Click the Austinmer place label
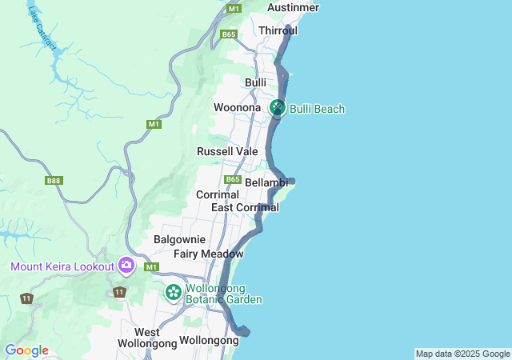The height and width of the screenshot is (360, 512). click(x=293, y=7)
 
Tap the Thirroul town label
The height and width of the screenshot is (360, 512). click(x=278, y=30)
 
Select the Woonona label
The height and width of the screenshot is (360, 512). click(x=237, y=107)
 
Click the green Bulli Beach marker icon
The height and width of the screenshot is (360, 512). click(x=278, y=107)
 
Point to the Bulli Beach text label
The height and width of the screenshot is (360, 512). click(x=318, y=109)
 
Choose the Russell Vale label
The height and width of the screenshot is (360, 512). click(x=227, y=151)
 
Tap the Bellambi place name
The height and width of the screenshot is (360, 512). click(x=266, y=183)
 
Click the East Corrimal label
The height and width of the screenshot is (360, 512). click(x=245, y=207)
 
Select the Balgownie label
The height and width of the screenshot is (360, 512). click(x=179, y=239)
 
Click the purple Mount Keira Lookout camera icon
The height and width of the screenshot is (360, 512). click(x=126, y=265)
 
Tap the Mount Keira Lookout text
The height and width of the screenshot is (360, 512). click(x=62, y=266)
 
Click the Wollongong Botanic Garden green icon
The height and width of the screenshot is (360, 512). click(x=174, y=293)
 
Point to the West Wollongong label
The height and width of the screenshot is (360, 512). click(x=146, y=338)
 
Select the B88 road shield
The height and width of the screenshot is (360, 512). click(x=54, y=181)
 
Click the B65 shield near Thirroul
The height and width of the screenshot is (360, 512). click(x=230, y=34)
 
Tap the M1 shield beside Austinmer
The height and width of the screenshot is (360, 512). click(x=234, y=8)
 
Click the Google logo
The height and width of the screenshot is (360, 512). click(x=26, y=350)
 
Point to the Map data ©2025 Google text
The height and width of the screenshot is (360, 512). click(x=462, y=354)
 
